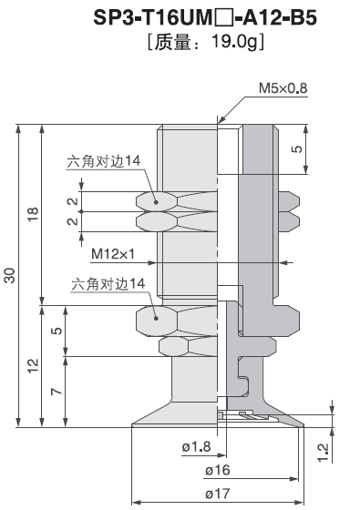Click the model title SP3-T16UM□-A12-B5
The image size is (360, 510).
pos(205,18)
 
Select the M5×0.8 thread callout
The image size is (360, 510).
pos(283,87)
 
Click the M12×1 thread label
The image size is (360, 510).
pos(113,254)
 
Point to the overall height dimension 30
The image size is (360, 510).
pos(10,275)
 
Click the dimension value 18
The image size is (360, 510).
pos(33,214)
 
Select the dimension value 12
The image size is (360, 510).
pos(33,365)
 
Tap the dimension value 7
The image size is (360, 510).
pos(57,391)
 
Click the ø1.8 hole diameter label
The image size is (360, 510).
pos(196,446)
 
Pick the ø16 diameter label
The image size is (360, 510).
pos(218,470)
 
